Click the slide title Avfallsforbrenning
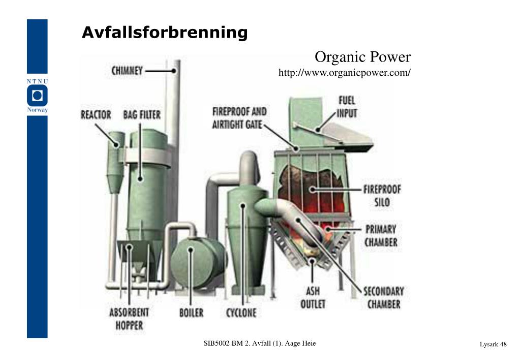165,33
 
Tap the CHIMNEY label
127,71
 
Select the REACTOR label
96,114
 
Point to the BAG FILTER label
142,114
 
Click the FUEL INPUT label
347,107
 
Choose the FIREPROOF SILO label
382,196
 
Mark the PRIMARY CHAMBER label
381,235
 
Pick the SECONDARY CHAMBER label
383,298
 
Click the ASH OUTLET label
313,298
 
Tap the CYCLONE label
241,312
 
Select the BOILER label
191,312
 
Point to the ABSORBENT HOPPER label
129,318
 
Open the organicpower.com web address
344,73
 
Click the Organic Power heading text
362,57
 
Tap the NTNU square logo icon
37,96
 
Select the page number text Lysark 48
493,345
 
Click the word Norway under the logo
37,110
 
